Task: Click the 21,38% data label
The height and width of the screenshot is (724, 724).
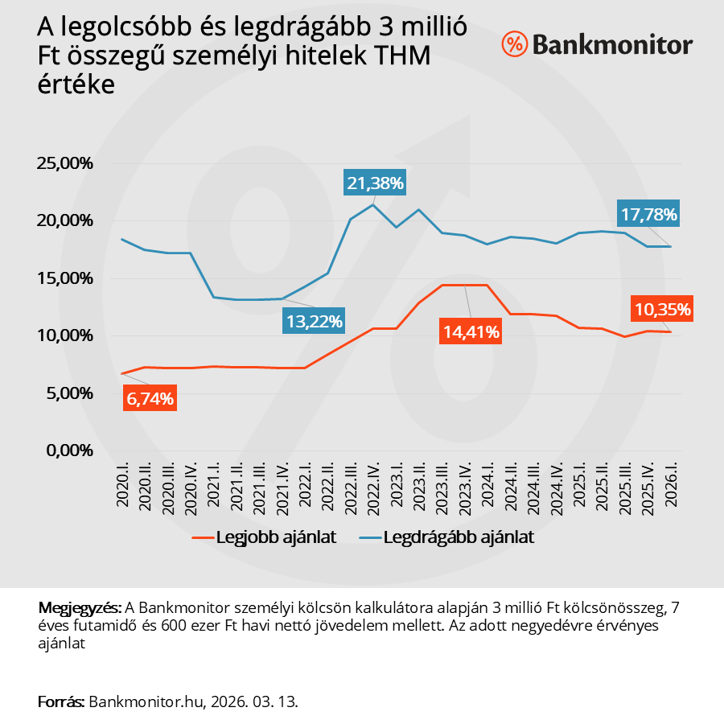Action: tap(374, 183)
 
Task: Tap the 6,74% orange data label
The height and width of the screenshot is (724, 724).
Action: tap(150, 397)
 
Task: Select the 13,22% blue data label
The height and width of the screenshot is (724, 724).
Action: tap(314, 322)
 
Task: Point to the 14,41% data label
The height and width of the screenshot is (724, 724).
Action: tap(471, 331)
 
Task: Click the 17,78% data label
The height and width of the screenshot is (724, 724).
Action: tap(649, 214)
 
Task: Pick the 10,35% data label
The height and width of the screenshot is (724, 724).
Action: tap(663, 309)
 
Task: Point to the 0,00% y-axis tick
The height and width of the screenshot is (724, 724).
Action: tap(69, 451)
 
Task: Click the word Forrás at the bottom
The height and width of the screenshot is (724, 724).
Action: tap(61, 701)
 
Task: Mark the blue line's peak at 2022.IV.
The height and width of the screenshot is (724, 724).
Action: tap(373, 204)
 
